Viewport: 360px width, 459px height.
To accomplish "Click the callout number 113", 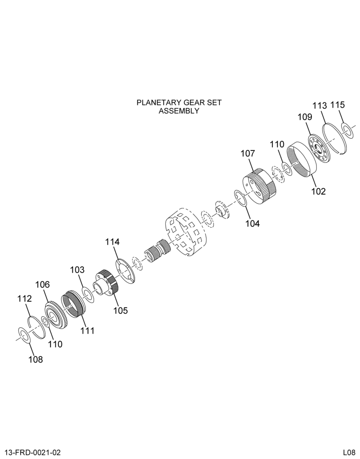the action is point(319,106).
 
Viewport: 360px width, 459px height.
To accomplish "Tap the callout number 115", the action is point(338,105).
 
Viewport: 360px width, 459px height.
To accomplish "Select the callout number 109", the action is point(305,117).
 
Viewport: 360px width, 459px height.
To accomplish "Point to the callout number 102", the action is point(318,191).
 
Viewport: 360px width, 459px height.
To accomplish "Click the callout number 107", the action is point(248,153).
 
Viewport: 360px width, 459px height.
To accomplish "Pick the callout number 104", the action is point(253,224).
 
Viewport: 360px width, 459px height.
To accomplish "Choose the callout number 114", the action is point(112,242).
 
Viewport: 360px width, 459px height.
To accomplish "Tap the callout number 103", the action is point(77,269).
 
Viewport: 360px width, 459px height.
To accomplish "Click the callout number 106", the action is point(42,284).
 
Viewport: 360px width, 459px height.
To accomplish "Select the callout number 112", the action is point(24,299).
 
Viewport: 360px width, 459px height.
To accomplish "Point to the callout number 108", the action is point(35,359).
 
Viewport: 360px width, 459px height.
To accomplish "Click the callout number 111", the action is point(87,330).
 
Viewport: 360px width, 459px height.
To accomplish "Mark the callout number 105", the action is point(121,310).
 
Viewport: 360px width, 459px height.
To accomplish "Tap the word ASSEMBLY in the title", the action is point(179,111).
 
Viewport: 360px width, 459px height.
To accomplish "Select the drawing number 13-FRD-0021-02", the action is point(33,453).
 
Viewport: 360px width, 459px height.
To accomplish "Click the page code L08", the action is point(349,453).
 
